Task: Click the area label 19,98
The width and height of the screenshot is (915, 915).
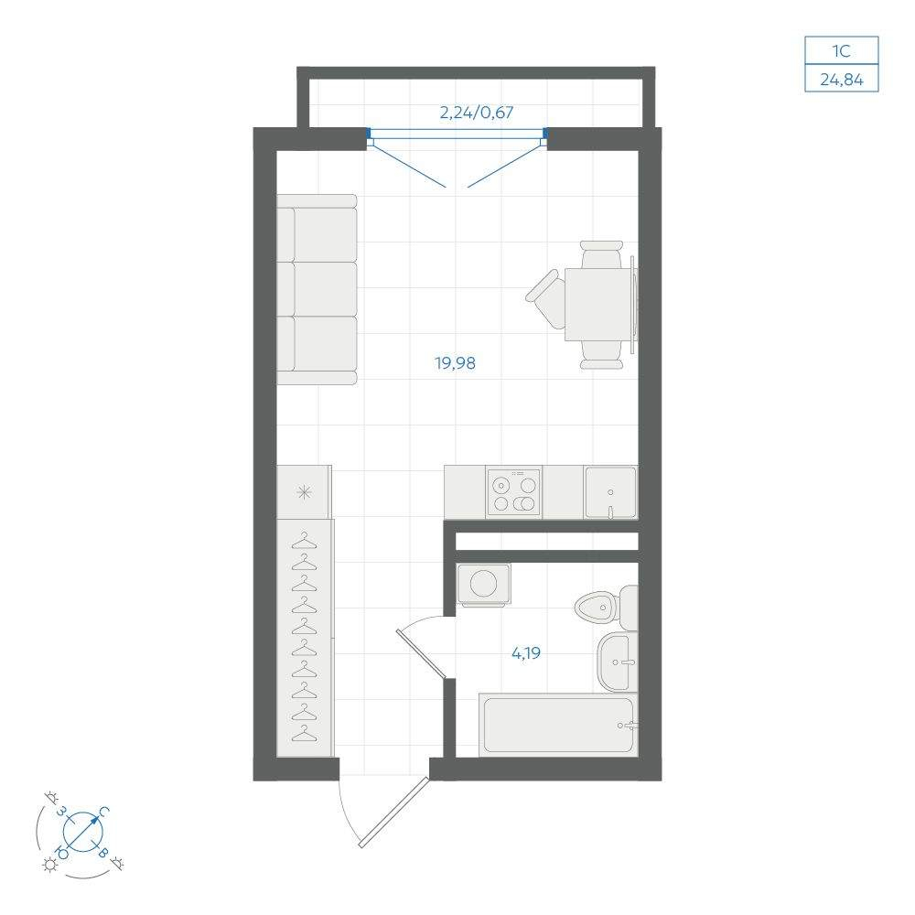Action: coord(455,363)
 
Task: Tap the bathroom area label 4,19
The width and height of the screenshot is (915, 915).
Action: coord(526,652)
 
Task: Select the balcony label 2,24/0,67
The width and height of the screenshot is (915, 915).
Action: coord(476,112)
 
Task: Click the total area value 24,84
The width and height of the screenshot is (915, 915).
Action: coord(842,79)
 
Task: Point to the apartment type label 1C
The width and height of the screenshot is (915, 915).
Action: coord(842,50)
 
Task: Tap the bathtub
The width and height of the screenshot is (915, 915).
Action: coord(558,725)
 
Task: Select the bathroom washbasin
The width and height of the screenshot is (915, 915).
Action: coord(618,662)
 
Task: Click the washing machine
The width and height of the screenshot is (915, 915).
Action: coord(483,584)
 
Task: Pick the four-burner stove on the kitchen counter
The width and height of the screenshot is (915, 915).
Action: coord(514,493)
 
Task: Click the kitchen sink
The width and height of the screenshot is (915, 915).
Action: coord(610,492)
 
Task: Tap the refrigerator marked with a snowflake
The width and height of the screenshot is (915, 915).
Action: coord(304,492)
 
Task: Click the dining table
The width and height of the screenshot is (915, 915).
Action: coord(597,304)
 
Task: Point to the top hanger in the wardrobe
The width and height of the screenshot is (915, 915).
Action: coord(304,541)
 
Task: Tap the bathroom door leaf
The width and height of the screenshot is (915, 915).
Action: coord(421,654)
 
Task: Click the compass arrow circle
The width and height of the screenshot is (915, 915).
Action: coord(83,831)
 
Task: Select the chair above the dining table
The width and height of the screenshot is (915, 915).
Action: coord(602,254)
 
